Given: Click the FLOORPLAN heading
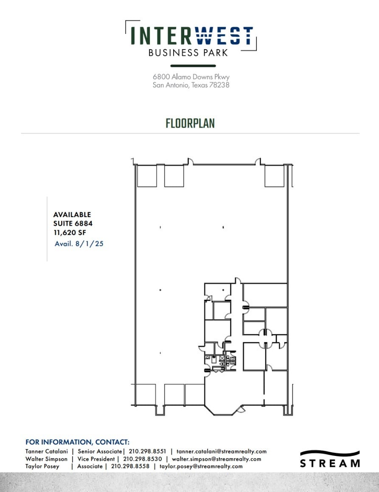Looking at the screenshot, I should pyautogui.click(x=190, y=123).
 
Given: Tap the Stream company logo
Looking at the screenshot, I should pyautogui.click(x=330, y=458).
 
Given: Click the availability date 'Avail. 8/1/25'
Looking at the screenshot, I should pyautogui.click(x=79, y=244).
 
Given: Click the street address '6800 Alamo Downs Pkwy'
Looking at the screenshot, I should pyautogui.click(x=191, y=77).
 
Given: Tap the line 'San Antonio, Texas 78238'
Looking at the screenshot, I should pyautogui.click(x=191, y=85).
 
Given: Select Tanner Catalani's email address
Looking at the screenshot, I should pyautogui.click(x=222, y=451).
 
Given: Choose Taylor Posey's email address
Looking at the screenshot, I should pyautogui.click(x=201, y=466).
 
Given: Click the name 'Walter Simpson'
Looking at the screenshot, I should pyautogui.click(x=46, y=459).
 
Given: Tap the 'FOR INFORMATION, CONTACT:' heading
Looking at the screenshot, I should pyautogui.click(x=77, y=442).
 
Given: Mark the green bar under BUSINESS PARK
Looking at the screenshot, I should pyautogui.click(x=193, y=66).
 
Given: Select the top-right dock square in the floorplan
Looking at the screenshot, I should pyautogui.click(x=274, y=176).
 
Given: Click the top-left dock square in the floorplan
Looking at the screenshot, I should pyautogui.click(x=146, y=176).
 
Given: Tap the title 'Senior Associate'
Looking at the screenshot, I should pyautogui.click(x=100, y=451).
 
